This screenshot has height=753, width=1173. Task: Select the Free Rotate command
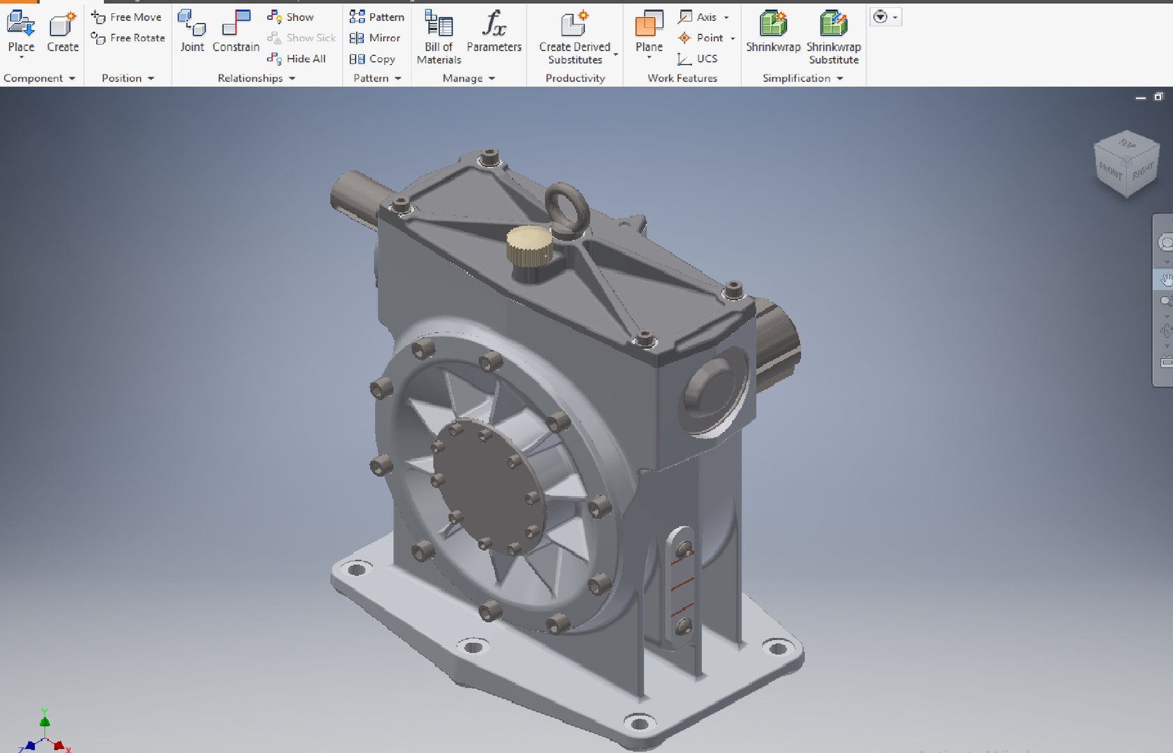[x=128, y=38]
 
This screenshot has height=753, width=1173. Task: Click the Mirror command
[x=376, y=38]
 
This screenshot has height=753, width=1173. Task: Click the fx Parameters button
[x=493, y=31]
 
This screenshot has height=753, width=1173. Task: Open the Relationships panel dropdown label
[x=256, y=78]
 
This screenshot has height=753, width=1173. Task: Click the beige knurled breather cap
[x=530, y=245]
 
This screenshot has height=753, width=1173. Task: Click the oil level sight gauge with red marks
[x=682, y=586]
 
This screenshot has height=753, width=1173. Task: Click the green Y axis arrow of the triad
[x=45, y=718]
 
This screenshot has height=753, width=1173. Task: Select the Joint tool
[x=192, y=31]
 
